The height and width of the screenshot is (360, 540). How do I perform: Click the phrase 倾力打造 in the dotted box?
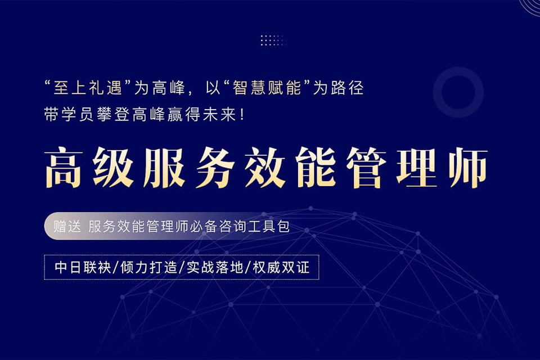point(148,267)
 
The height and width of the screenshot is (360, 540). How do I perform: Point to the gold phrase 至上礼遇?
point(87,88)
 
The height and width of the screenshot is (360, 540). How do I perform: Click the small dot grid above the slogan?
point(273,40)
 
